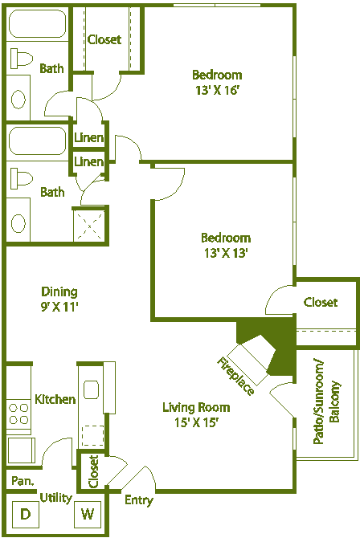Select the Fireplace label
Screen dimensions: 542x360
pos(236,375)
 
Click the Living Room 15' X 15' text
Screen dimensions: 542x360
pos(196,414)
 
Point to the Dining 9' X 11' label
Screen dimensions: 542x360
pos(59,299)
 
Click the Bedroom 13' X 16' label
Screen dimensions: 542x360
pos(217,83)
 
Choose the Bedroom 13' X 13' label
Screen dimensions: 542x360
pos(225,245)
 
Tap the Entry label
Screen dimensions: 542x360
pos(138,500)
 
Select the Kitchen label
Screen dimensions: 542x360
pos(55,399)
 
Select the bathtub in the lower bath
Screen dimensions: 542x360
pos(36,141)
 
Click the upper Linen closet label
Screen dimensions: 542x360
pos(88,138)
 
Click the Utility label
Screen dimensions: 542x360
pos(55,498)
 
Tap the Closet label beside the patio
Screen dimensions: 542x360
pos(321,302)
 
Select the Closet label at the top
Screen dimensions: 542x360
pos(104,39)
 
